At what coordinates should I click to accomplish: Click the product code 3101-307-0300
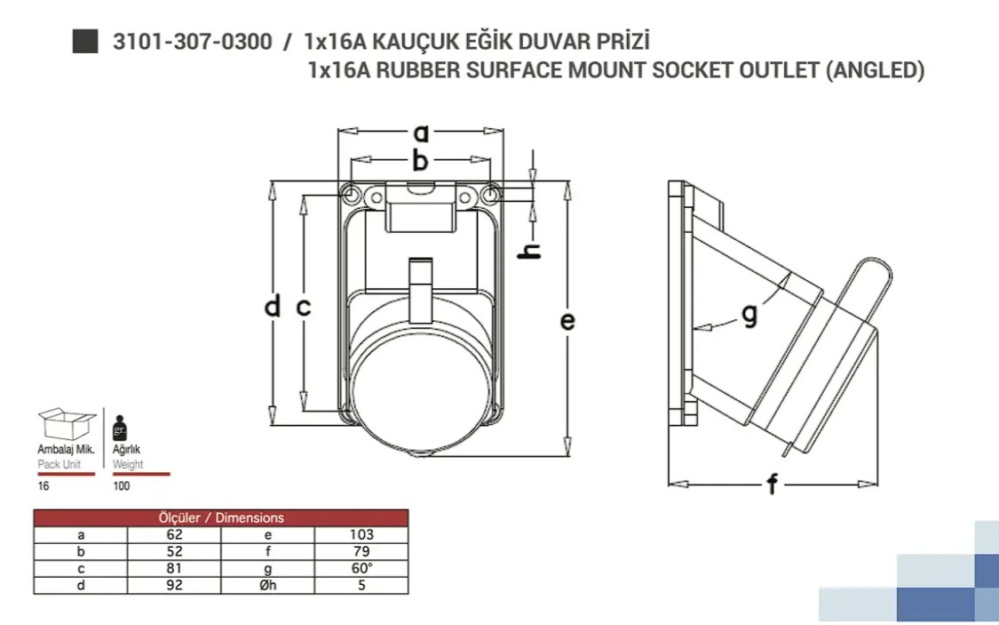(x=193, y=42)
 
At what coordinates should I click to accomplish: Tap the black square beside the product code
(x=84, y=42)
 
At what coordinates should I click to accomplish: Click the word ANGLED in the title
(x=876, y=69)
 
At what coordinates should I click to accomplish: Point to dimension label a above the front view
(x=421, y=133)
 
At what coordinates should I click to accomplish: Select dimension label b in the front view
(x=420, y=160)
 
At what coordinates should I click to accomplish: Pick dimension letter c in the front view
(x=304, y=308)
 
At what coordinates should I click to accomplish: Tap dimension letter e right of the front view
(x=567, y=321)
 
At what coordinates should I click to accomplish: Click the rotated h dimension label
(x=530, y=252)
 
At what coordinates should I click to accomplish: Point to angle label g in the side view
(x=749, y=315)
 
